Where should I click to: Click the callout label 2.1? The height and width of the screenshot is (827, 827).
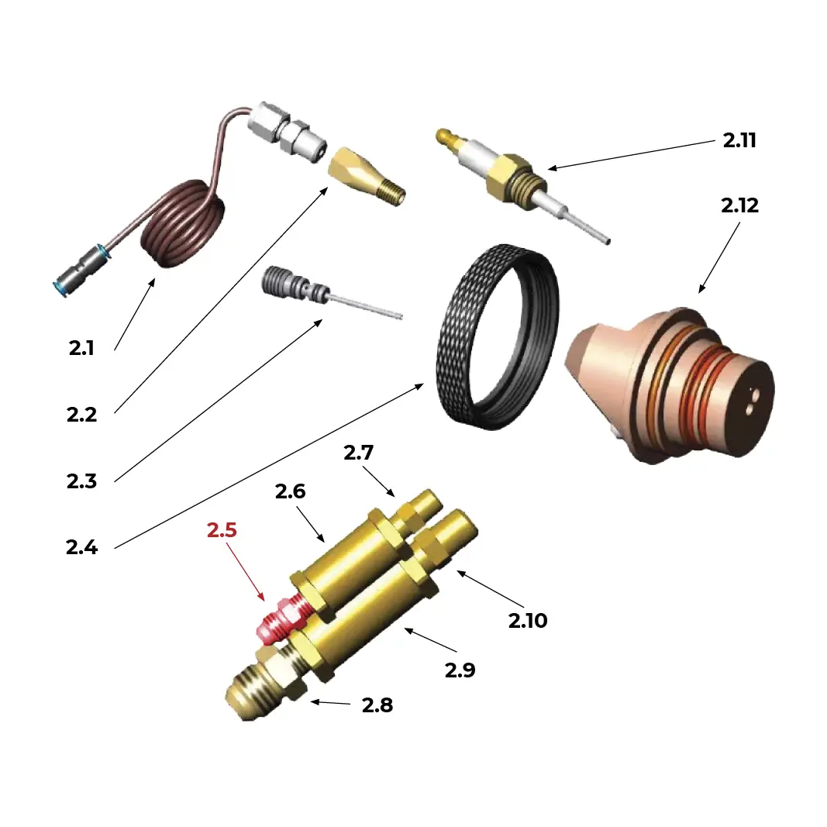[x=81, y=348]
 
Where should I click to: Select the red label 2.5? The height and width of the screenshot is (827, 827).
[x=222, y=531]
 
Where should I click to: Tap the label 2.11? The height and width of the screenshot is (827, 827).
[x=739, y=140]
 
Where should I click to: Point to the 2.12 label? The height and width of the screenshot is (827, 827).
[x=739, y=206]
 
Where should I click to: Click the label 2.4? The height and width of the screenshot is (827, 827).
[x=81, y=547]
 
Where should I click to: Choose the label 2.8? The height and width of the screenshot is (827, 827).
[x=377, y=706]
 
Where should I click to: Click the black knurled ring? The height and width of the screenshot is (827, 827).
[x=496, y=337]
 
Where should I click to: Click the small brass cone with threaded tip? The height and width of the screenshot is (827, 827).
[x=364, y=177]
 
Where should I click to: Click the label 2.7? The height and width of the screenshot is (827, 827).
[x=359, y=453]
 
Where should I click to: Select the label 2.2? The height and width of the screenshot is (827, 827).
[x=81, y=415]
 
